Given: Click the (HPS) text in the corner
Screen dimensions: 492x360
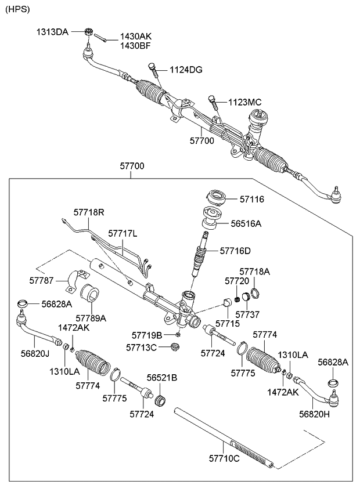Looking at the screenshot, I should coord(18,9).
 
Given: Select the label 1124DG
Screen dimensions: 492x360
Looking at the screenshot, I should coord(186,70).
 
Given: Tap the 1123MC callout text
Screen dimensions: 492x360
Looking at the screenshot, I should coord(246,102).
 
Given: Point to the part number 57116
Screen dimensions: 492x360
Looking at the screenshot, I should coord(252,200).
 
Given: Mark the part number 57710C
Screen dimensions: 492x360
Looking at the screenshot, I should coord(223,459).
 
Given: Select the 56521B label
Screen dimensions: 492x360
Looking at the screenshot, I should coord(161,378).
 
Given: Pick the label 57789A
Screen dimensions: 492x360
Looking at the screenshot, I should coord(89,317).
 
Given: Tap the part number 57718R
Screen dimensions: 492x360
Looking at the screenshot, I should coord(89,212).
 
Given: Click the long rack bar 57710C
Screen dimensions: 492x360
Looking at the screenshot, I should coord(224,435).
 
